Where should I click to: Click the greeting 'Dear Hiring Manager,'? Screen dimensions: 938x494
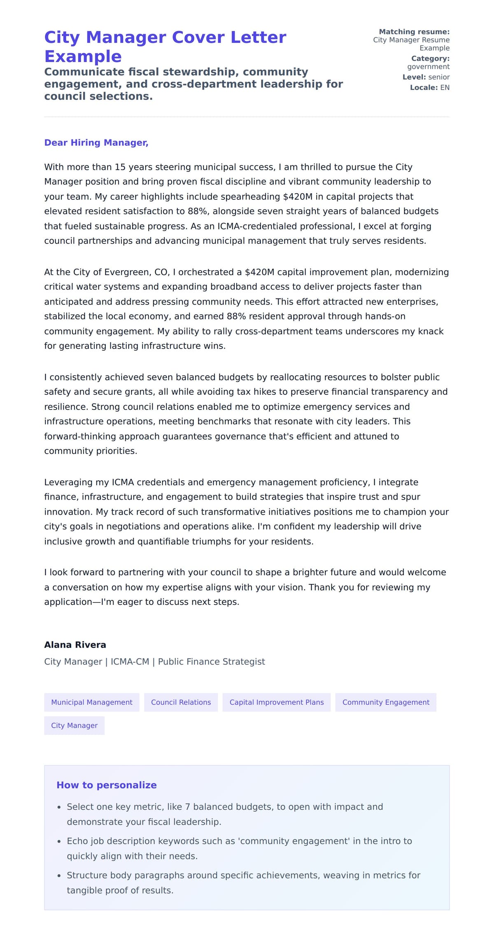pyautogui.click(x=96, y=143)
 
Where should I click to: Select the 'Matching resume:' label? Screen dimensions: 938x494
pyautogui.click(x=414, y=32)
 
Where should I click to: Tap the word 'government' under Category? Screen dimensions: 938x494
pyautogui.click(x=428, y=67)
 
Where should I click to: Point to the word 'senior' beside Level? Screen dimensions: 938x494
pyautogui.click(x=439, y=77)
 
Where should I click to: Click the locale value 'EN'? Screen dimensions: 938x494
pyautogui.click(x=445, y=88)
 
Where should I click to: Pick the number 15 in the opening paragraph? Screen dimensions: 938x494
pyautogui.click(x=120, y=167)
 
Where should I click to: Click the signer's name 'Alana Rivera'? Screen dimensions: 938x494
pyautogui.click(x=75, y=645)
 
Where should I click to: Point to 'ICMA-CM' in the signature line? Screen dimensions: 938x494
pyautogui.click(x=130, y=662)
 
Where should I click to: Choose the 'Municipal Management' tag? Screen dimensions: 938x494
pyautogui.click(x=91, y=702)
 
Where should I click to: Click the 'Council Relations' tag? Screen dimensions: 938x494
pyautogui.click(x=181, y=702)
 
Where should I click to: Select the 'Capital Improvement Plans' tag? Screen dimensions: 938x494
pyautogui.click(x=277, y=702)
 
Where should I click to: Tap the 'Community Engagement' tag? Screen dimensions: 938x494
pyautogui.click(x=386, y=702)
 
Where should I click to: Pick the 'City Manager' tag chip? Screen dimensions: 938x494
pyautogui.click(x=74, y=725)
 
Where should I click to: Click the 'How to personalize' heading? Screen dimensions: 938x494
pyautogui.click(x=107, y=785)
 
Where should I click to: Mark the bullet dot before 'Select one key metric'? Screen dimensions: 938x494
pyautogui.click(x=59, y=807)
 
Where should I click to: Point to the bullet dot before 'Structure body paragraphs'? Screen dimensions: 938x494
pyautogui.click(x=59, y=876)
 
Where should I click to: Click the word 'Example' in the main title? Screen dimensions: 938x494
pyautogui.click(x=83, y=56)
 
